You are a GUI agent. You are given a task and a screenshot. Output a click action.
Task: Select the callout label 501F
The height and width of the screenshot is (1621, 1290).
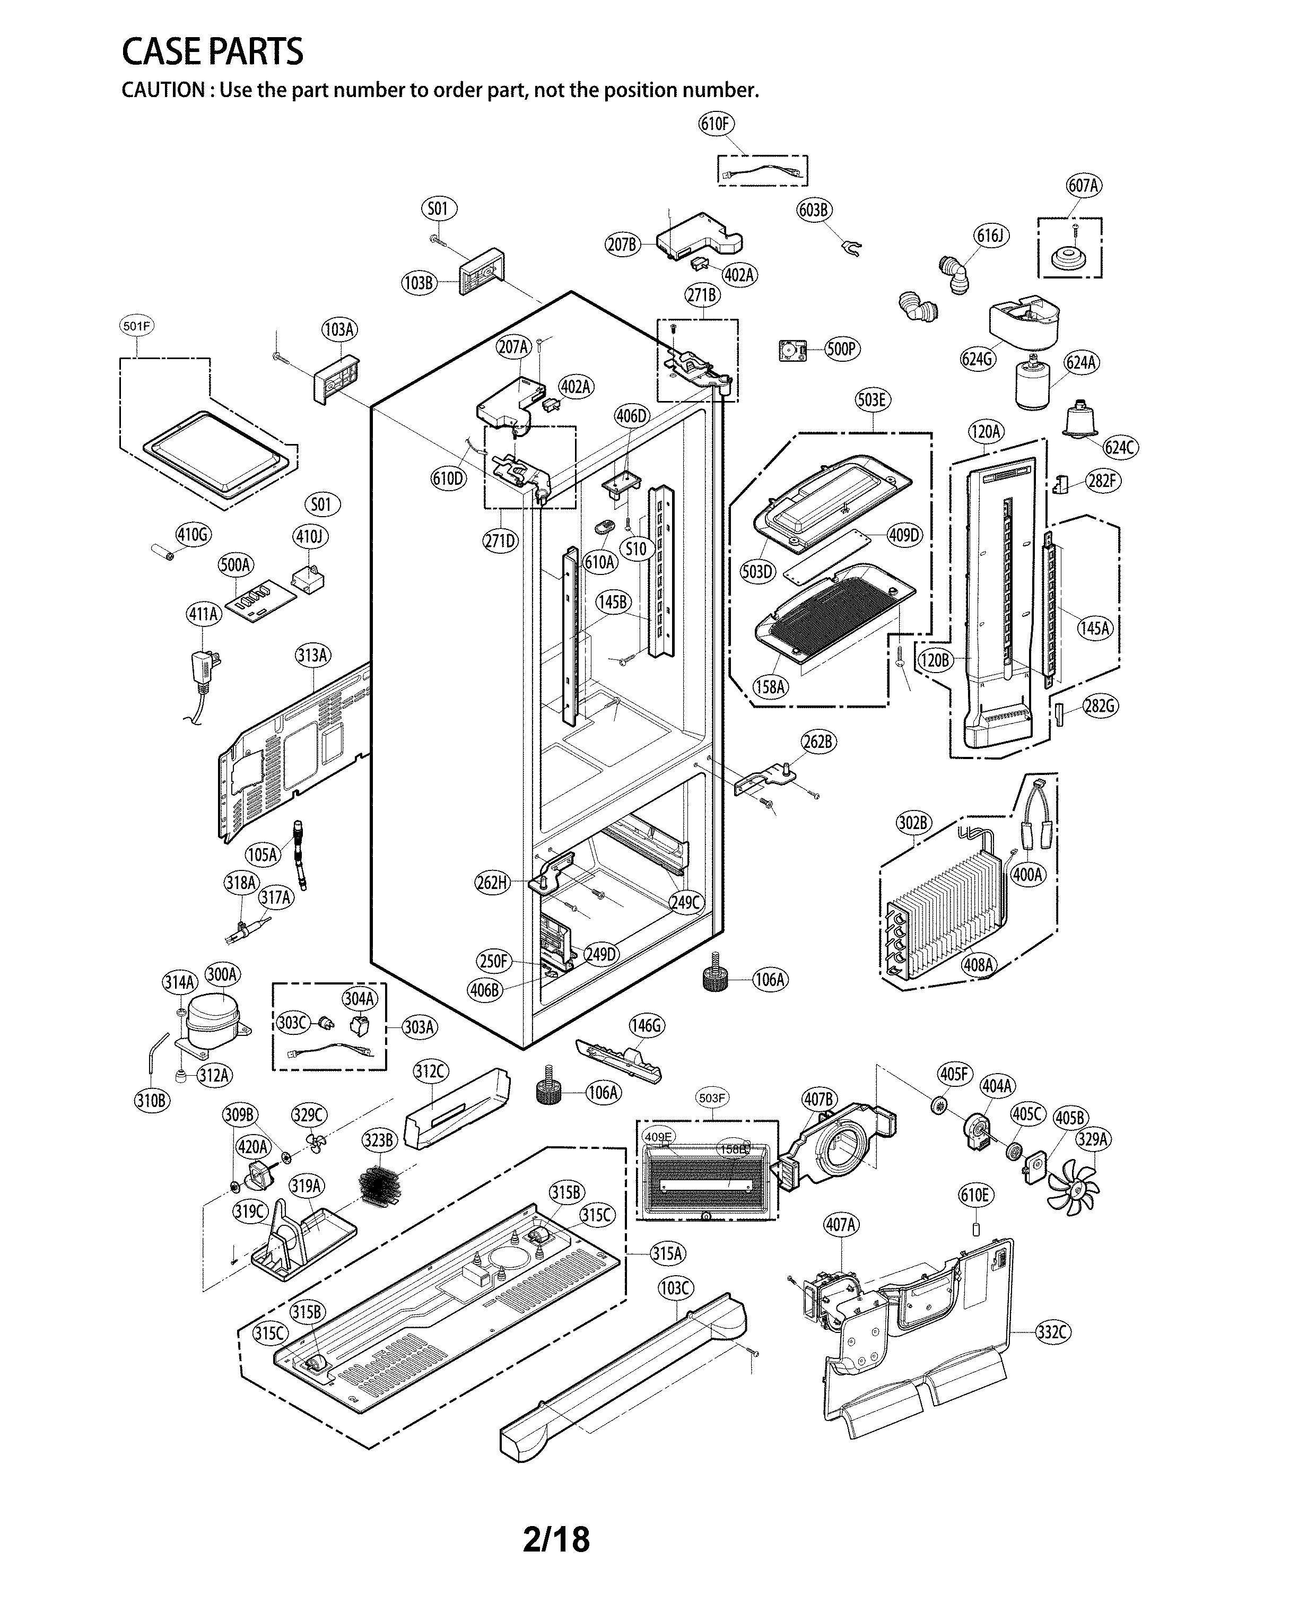(137, 326)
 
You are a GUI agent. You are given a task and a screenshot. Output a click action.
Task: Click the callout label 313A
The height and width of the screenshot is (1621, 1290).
(312, 656)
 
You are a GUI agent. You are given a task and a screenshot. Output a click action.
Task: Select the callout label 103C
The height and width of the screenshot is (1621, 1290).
(674, 1288)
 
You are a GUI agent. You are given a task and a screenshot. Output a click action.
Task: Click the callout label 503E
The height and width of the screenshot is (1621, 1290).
(872, 400)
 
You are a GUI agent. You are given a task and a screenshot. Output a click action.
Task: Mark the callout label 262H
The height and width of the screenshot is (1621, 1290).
(492, 883)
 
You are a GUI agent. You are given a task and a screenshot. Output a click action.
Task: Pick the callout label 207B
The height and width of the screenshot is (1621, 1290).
(622, 245)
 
